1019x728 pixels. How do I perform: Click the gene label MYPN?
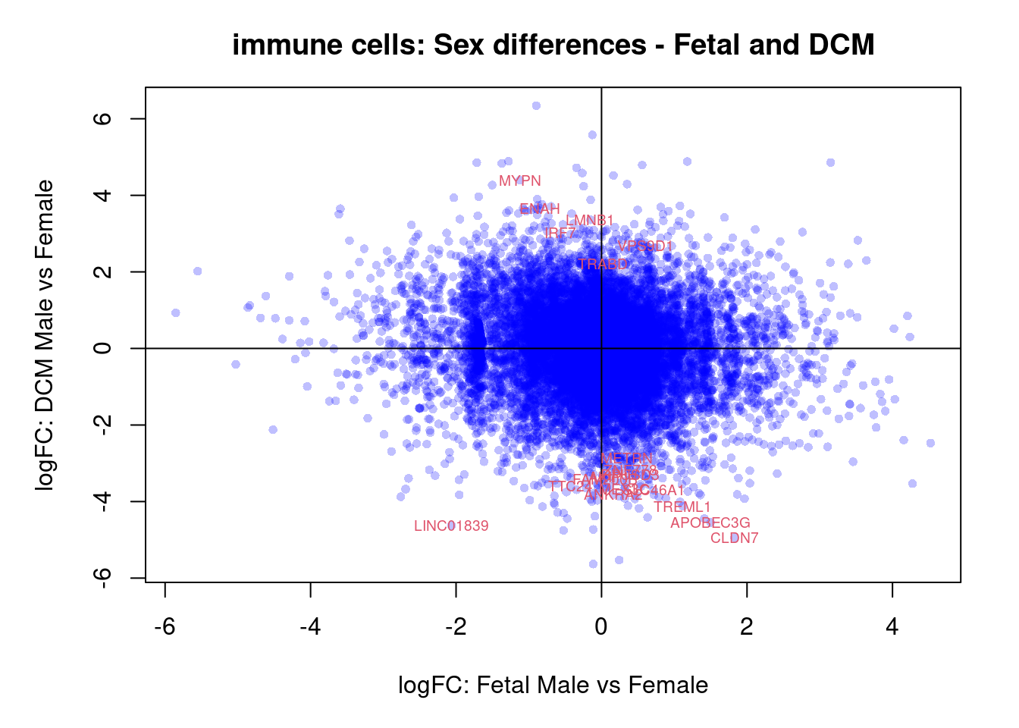coord(520,181)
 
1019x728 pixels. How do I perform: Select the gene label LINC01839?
coord(451,526)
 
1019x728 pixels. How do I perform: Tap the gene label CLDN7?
coord(734,538)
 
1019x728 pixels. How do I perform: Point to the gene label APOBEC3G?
coord(710,523)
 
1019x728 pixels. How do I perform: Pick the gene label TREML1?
coord(682,507)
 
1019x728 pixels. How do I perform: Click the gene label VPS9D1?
coord(645,246)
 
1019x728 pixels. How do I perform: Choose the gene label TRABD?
coord(603,265)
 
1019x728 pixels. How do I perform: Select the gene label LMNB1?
coord(590,221)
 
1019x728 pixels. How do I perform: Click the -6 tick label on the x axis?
coord(165,626)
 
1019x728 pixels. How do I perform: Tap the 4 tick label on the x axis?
coord(892,626)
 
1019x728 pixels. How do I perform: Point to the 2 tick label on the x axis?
coord(747,626)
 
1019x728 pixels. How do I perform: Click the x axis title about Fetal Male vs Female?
coord(553,686)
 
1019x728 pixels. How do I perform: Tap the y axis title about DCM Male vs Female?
coord(45,335)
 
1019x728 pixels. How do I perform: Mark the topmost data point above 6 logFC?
coord(536,105)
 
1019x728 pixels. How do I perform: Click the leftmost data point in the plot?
coord(176,312)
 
